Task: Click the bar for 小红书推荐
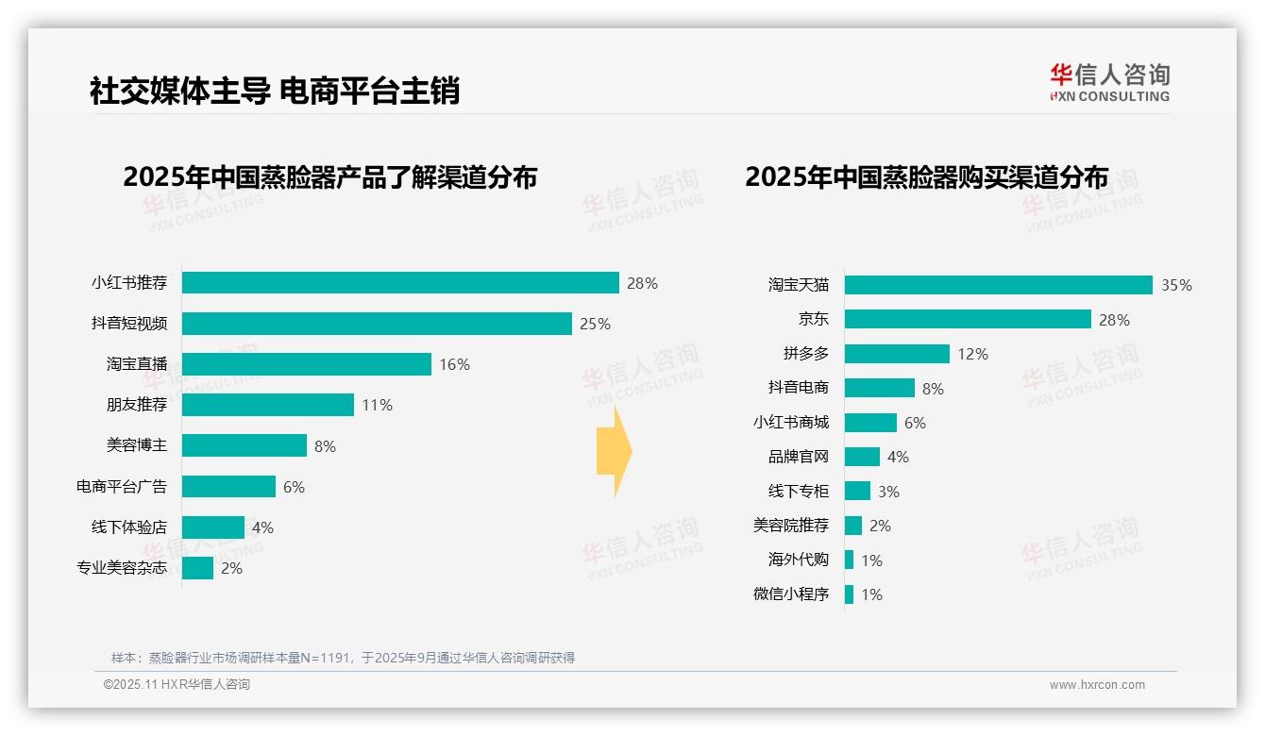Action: [400, 283]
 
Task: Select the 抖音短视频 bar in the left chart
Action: [377, 324]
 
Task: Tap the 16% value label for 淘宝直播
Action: [454, 364]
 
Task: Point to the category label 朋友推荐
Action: [136, 405]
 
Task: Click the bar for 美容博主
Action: [245, 445]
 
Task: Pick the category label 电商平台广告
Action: [121, 487]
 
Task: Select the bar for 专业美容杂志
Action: [197, 568]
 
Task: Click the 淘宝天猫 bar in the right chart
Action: [998, 285]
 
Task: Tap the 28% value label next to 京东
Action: [1114, 320]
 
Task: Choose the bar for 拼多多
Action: [897, 354]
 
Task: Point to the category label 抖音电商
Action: [798, 388]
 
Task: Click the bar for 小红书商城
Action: [870, 423]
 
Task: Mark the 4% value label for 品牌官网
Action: [898, 457]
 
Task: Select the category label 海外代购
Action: [798, 560]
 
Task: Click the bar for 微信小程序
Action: [849, 594]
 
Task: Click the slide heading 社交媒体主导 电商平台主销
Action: [274, 92]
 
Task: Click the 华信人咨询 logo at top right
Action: [1109, 82]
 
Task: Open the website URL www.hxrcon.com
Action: [1096, 685]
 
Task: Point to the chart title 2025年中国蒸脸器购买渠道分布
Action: [926, 177]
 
